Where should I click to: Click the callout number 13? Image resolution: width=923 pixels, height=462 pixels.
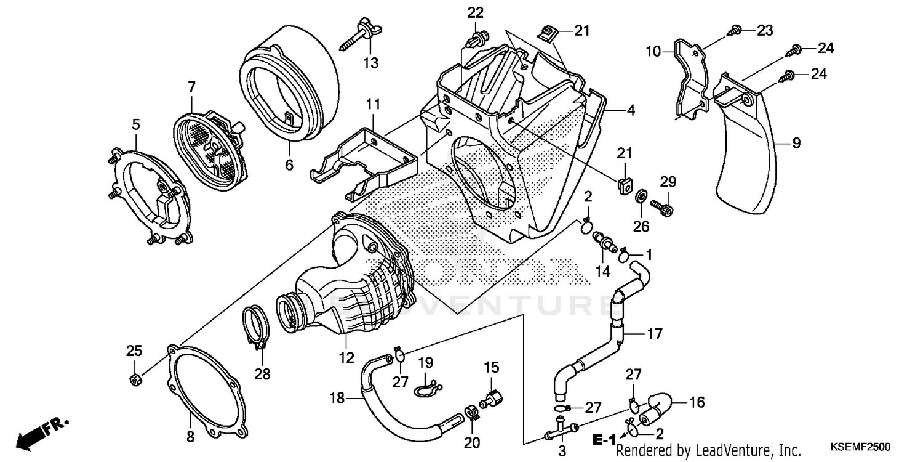pyautogui.click(x=370, y=63)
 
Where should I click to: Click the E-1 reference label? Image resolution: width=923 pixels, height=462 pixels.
pyautogui.click(x=604, y=439)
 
